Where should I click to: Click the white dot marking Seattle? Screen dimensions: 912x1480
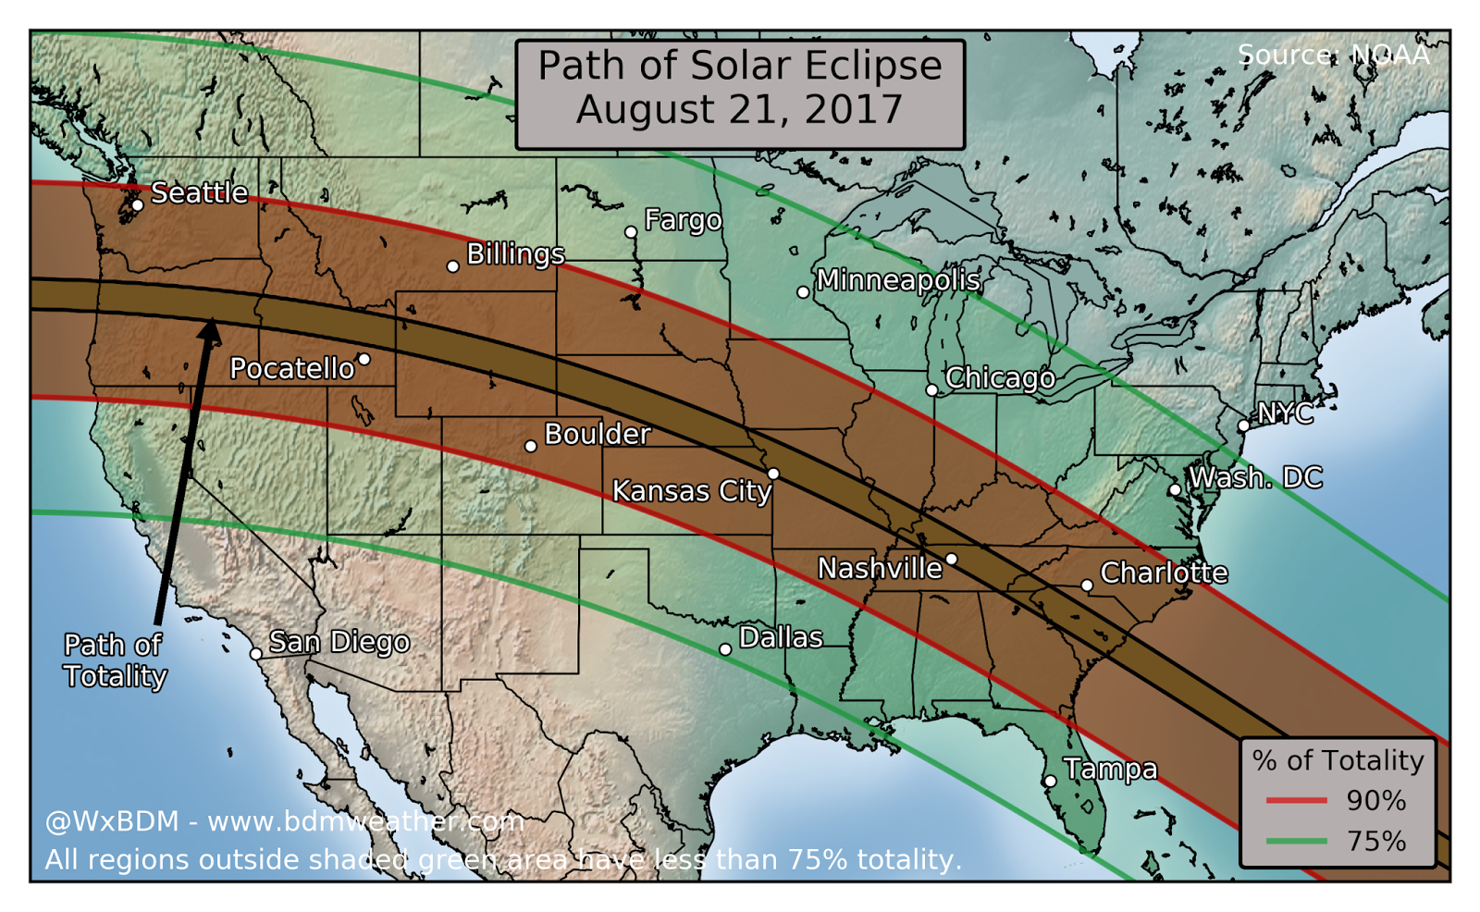click(x=137, y=205)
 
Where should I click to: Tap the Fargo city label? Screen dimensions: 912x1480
click(x=683, y=220)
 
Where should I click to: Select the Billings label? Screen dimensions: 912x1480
click(x=515, y=253)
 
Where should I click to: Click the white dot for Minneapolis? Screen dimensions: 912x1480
click(x=803, y=292)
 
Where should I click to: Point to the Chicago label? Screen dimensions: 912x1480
click(x=1000, y=378)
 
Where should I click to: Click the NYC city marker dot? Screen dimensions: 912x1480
click(x=1243, y=426)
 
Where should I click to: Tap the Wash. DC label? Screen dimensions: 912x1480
click(x=1255, y=478)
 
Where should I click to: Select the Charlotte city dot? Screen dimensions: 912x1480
click(x=1087, y=585)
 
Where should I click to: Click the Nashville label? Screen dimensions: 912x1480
click(x=880, y=568)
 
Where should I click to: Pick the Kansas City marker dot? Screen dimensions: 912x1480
click(x=773, y=474)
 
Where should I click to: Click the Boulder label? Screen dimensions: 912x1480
click(x=597, y=434)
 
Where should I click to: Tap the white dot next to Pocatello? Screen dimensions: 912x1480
click(x=364, y=360)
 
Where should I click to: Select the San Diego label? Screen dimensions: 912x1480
click(x=339, y=642)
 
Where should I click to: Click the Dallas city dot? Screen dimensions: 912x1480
click(x=725, y=650)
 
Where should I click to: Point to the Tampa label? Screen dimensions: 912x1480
click(x=1110, y=770)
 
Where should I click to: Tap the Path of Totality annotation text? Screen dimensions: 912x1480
click(x=115, y=660)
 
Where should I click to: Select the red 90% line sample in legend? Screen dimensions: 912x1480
click(x=1296, y=800)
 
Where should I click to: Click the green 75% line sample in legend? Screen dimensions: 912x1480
click(x=1296, y=841)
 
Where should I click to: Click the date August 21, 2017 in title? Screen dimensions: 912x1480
click(x=739, y=109)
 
